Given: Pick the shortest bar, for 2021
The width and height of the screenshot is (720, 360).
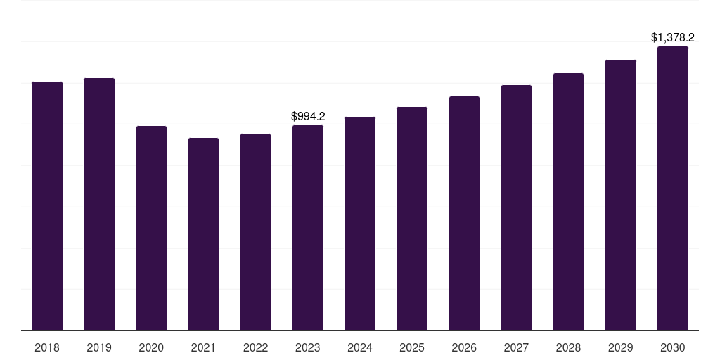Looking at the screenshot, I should [x=203, y=234].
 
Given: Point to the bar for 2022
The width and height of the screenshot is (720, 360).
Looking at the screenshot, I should [x=255, y=232].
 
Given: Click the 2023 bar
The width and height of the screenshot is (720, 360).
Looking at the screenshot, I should [x=308, y=228].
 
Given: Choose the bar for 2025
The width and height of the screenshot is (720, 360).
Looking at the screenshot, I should [x=412, y=219].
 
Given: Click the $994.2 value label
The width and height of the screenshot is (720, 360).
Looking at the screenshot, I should [x=308, y=116].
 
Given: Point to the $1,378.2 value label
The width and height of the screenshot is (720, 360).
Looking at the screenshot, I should [x=673, y=37].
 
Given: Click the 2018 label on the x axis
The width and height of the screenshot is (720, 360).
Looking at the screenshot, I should [x=47, y=347].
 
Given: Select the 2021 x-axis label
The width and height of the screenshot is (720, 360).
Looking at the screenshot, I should [x=203, y=347].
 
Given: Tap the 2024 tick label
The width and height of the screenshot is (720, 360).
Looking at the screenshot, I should [x=360, y=347].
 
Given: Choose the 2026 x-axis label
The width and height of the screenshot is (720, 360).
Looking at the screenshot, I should [x=464, y=347].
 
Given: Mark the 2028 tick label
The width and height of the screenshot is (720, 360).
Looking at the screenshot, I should [x=568, y=347].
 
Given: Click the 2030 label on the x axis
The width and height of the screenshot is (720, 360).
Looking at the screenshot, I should [x=673, y=347].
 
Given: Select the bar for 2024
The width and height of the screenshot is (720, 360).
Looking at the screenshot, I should [x=360, y=224].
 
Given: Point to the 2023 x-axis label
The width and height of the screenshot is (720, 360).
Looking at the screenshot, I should [x=308, y=347].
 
